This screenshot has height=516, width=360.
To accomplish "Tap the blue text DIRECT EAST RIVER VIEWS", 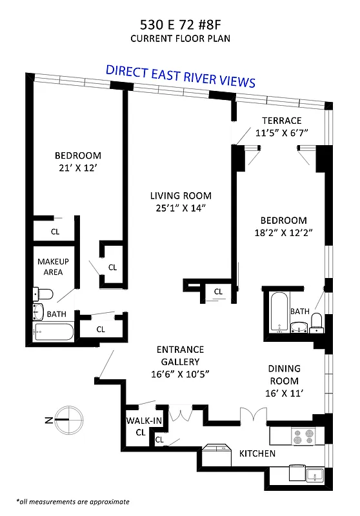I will [x=181, y=75].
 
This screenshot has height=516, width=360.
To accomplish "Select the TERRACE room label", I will [x=281, y=121].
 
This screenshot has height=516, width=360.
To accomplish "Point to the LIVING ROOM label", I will [x=181, y=195].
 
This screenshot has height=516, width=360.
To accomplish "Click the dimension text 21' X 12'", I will [x=77, y=168].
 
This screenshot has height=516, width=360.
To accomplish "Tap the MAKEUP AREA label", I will [x=53, y=266].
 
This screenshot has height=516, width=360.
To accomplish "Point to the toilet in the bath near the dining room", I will [x=317, y=321].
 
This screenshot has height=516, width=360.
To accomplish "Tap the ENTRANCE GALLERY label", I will [x=181, y=355].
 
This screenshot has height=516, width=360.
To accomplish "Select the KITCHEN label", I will [x=257, y=453].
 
